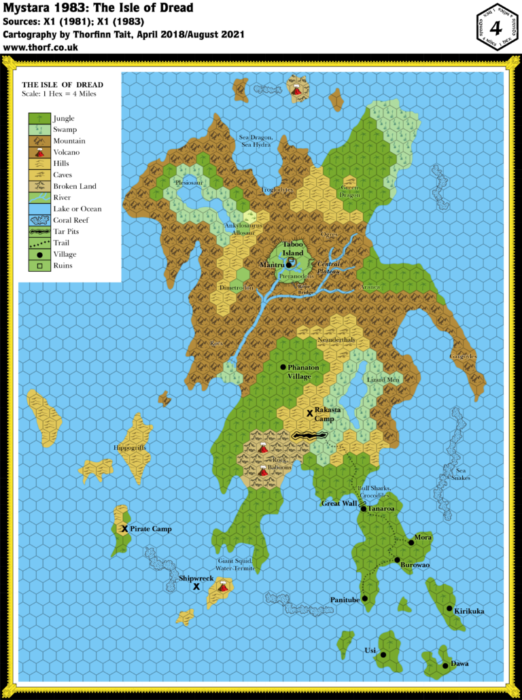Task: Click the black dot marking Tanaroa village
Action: (364, 508)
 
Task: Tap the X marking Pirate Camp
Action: (125, 529)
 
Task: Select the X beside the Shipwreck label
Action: (196, 586)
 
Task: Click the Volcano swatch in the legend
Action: (38, 152)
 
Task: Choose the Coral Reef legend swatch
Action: (38, 220)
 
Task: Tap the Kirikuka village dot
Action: (449, 609)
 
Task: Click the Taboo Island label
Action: (294, 249)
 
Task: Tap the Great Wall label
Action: (339, 504)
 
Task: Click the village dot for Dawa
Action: (445, 665)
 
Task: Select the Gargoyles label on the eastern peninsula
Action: (463, 356)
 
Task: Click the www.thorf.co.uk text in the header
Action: (41, 48)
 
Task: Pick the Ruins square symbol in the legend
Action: (38, 266)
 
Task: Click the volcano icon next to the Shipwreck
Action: (222, 585)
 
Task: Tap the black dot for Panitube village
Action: (365, 599)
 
